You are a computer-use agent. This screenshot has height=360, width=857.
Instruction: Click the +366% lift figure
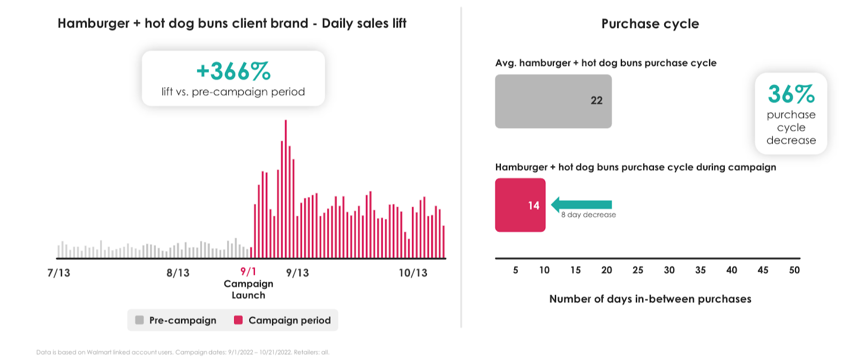click(234, 71)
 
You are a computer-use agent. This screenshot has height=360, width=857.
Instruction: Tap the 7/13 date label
click(59, 273)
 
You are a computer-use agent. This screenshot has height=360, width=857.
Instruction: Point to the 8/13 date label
click(178, 273)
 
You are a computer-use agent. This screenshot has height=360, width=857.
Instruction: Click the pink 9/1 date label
click(248, 272)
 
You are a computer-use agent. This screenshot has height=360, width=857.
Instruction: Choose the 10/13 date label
click(413, 273)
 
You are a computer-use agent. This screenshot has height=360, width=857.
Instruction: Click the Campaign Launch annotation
click(249, 289)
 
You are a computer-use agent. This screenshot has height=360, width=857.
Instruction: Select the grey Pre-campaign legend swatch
click(140, 320)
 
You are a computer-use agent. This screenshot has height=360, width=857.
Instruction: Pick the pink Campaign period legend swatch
click(238, 320)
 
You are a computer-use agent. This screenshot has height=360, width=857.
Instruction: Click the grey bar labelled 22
click(553, 101)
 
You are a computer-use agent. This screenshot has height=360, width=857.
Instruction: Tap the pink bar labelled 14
click(520, 205)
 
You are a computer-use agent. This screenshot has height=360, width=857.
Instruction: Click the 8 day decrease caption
click(588, 215)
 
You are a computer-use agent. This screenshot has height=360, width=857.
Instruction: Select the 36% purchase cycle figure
click(791, 95)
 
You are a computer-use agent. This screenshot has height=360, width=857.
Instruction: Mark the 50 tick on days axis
click(794, 270)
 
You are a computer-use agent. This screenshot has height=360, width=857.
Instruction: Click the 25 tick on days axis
click(638, 270)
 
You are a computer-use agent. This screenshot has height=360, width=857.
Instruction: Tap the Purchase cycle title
click(650, 24)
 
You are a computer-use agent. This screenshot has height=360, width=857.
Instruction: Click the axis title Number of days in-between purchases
click(650, 299)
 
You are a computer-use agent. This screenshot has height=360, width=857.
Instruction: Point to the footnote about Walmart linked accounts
click(183, 352)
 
